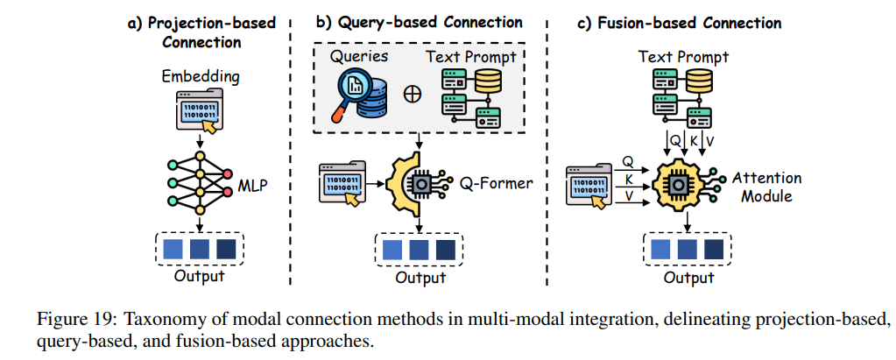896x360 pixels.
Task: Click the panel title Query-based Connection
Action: [x=419, y=22]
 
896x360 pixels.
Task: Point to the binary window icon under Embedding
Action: [x=200, y=112]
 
